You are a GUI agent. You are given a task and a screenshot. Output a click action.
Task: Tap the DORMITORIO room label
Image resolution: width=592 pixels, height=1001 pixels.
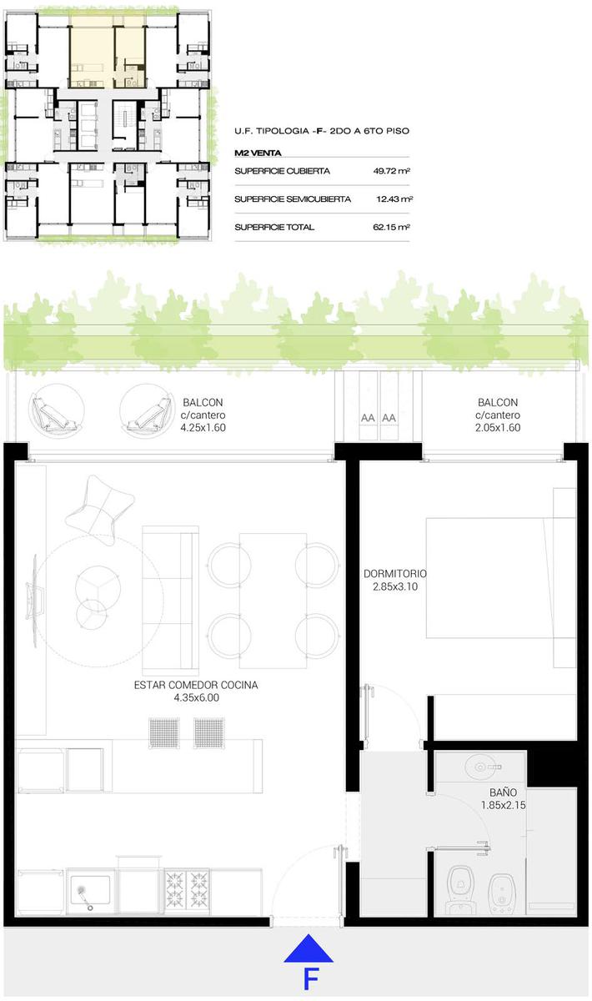coord(395,573)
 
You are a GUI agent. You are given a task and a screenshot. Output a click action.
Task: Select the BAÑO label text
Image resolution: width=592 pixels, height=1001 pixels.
coord(503,792)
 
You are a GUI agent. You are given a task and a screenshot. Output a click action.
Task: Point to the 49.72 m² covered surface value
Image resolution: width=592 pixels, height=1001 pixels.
coord(391,171)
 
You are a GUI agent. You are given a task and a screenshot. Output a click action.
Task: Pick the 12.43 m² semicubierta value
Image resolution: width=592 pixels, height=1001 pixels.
coord(394,199)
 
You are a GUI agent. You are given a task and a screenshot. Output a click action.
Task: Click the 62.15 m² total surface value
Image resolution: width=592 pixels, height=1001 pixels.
coord(391,227)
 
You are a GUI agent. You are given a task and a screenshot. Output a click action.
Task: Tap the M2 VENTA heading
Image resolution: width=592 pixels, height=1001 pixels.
coord(258,153)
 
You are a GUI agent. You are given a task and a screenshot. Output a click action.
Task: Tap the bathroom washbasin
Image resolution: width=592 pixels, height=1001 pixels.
coord(481,767)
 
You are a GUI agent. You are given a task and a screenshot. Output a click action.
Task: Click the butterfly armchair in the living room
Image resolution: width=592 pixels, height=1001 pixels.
coord(100,510)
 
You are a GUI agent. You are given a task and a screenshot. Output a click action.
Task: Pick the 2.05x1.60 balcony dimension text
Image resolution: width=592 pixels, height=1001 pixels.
coord(498,428)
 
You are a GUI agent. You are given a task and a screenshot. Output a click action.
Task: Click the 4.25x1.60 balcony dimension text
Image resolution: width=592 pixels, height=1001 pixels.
coord(203,428)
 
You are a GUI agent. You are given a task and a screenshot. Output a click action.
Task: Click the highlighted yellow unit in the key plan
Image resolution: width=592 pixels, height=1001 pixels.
coord(108,52)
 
